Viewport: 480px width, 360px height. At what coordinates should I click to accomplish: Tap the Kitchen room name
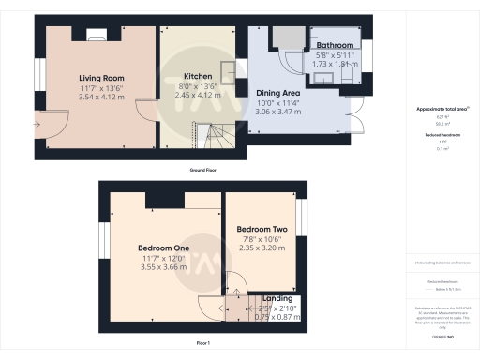(198, 76)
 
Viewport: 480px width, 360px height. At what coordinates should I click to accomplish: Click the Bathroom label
(335, 45)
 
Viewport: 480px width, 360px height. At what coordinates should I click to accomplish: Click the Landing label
(277, 299)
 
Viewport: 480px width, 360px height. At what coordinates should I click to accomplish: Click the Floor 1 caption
(203, 344)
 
